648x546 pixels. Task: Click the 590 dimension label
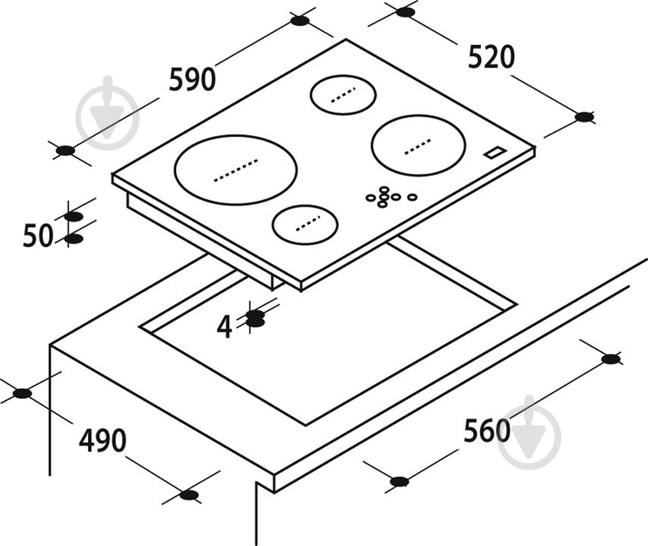(192, 79)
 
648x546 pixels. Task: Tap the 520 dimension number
(491, 57)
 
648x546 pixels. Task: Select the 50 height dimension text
(38, 235)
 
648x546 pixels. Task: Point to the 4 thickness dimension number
(224, 327)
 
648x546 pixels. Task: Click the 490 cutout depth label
(103, 440)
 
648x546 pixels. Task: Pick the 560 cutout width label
(487, 430)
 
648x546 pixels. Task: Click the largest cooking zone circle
(236, 170)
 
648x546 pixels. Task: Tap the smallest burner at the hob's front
(305, 224)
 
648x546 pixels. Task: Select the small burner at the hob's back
(343, 94)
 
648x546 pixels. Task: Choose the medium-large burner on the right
(418, 145)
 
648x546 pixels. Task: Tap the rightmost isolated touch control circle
(412, 197)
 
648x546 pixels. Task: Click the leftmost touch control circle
(371, 198)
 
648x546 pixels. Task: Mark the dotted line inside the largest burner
(236, 170)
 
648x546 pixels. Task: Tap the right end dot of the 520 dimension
(584, 117)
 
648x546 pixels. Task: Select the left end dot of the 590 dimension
(65, 151)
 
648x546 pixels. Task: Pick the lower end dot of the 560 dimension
(399, 482)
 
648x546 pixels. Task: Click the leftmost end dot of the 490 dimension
(22, 393)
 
